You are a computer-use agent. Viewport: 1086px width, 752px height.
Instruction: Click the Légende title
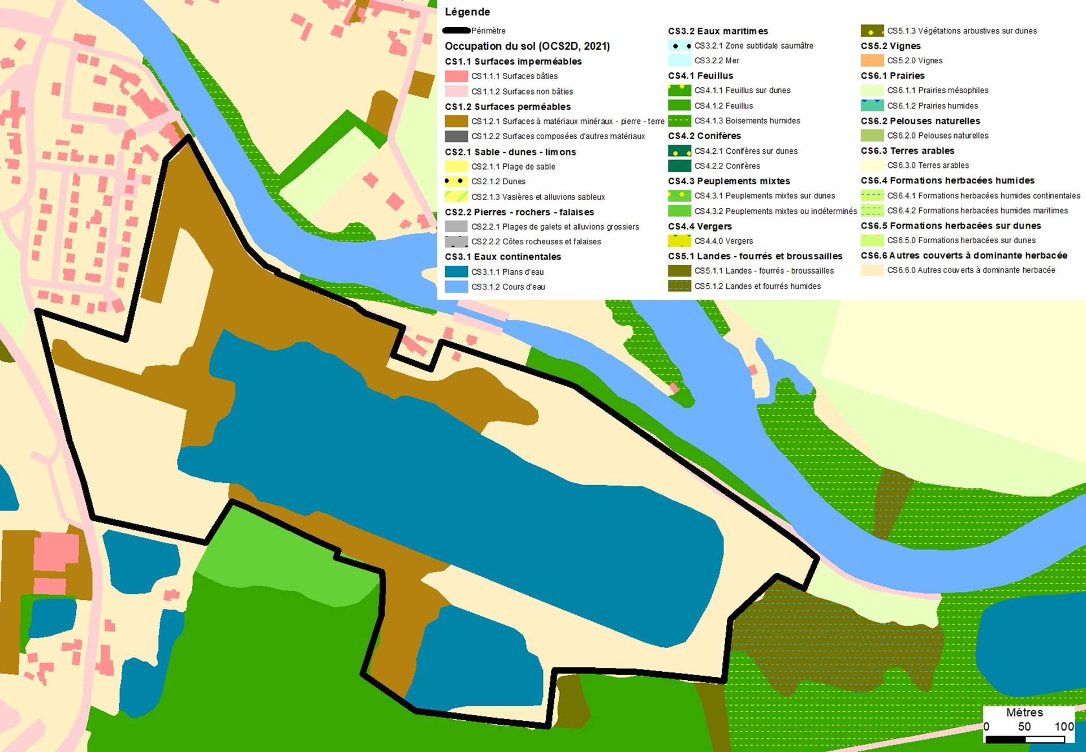pyautogui.click(x=467, y=12)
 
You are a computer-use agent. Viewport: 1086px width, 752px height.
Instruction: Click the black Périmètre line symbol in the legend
pyautogui.click(x=456, y=31)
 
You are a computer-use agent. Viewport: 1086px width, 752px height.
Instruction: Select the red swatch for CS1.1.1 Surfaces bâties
pyautogui.click(x=456, y=76)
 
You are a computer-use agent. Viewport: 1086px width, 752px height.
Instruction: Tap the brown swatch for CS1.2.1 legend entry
pyautogui.click(x=456, y=122)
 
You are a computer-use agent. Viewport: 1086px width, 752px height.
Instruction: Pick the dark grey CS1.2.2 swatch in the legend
pyautogui.click(x=456, y=136)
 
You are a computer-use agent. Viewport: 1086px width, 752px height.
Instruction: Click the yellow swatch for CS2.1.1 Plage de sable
pyautogui.click(x=456, y=166)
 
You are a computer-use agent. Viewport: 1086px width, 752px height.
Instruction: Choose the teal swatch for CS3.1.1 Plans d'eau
pyautogui.click(x=456, y=271)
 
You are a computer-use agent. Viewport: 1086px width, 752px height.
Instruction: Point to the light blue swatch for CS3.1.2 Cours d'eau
pyautogui.click(x=456, y=287)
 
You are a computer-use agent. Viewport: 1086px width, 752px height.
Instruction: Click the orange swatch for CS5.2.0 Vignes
pyautogui.click(x=872, y=60)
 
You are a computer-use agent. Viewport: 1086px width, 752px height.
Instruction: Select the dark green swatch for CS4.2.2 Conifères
pyautogui.click(x=679, y=166)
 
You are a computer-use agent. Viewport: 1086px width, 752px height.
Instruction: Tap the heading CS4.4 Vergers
pyautogui.click(x=700, y=226)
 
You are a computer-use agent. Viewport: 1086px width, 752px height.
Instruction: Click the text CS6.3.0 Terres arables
pyautogui.click(x=928, y=165)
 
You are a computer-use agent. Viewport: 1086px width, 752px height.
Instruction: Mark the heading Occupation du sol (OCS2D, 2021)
pyautogui.click(x=527, y=46)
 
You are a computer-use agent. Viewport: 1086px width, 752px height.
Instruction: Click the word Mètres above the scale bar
pyautogui.click(x=1024, y=712)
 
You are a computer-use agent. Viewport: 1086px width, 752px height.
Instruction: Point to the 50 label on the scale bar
pyautogui.click(x=1024, y=727)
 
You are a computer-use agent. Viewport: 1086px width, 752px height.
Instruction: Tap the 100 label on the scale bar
pyautogui.click(x=1064, y=727)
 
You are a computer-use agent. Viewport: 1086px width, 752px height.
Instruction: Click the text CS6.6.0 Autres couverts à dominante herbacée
pyautogui.click(x=971, y=270)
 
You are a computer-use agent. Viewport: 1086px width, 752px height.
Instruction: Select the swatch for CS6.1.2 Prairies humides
pyautogui.click(x=872, y=106)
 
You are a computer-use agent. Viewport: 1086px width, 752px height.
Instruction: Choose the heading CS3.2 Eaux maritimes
pyautogui.click(x=718, y=31)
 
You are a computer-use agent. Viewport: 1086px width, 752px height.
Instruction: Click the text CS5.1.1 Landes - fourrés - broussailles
pyautogui.click(x=764, y=271)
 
